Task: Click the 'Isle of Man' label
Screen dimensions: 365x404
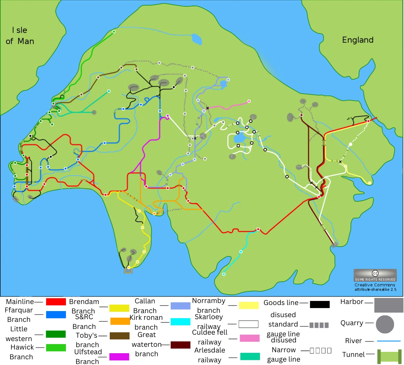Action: click(x=20, y=36)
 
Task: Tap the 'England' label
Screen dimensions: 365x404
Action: click(x=358, y=40)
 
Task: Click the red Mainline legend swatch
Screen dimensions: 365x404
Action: click(x=56, y=302)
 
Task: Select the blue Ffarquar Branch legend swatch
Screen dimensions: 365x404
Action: click(x=56, y=314)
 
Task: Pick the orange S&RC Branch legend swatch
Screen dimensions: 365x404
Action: click(x=120, y=321)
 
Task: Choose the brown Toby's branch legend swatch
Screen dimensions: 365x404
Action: click(x=120, y=336)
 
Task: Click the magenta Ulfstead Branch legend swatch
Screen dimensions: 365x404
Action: click(x=119, y=357)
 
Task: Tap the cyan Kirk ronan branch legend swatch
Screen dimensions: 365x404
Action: click(x=180, y=322)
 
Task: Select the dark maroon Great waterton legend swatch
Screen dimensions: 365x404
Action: click(x=180, y=345)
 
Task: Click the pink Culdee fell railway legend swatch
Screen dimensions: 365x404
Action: click(x=249, y=338)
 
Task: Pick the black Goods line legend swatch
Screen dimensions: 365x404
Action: click(x=319, y=304)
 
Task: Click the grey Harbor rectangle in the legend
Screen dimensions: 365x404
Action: click(x=389, y=305)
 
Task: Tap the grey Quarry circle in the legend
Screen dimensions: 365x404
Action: click(x=385, y=325)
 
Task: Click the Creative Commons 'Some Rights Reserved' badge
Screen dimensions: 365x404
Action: click(x=375, y=275)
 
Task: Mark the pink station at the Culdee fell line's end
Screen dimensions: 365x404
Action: click(x=249, y=101)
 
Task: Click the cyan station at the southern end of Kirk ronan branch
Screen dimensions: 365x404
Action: click(x=224, y=274)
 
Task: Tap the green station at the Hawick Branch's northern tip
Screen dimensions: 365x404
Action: click(x=114, y=32)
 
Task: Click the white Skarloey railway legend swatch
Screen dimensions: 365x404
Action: click(x=248, y=324)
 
